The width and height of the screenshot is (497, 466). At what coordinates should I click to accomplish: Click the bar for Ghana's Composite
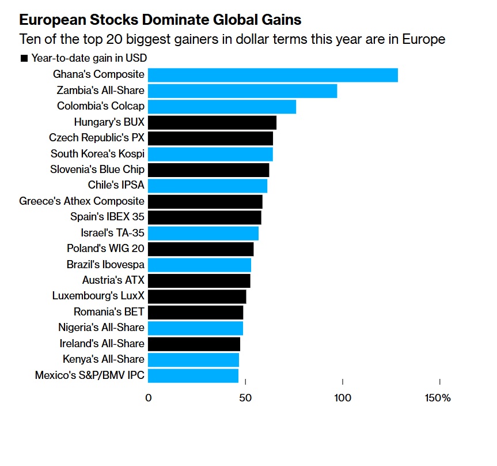pyautogui.click(x=272, y=75)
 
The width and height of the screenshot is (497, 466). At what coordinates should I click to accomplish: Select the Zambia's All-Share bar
pyautogui.click(x=242, y=91)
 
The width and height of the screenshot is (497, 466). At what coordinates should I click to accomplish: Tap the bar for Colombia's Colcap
pyautogui.click(x=222, y=107)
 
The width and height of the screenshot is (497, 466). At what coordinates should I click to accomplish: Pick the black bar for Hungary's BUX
pyautogui.click(x=212, y=122)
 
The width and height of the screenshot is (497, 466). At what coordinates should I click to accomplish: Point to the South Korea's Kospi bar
pyautogui.click(x=210, y=154)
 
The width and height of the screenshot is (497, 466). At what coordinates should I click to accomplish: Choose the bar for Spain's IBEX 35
pyautogui.click(x=204, y=217)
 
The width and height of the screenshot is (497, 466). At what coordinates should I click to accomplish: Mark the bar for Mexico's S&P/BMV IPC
pyautogui.click(x=193, y=375)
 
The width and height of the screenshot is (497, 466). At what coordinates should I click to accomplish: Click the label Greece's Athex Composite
pyautogui.click(x=82, y=201)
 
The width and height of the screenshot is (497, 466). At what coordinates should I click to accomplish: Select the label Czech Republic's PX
pyautogui.click(x=97, y=138)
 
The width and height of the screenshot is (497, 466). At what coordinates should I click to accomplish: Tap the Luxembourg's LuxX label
pyautogui.click(x=98, y=296)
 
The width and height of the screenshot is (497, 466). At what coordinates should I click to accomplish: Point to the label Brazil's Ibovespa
pyautogui.click(x=105, y=265)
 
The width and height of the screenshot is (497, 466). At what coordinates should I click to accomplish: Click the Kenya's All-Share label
pyautogui.click(x=104, y=359)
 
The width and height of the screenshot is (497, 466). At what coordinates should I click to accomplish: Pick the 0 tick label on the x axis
pyautogui.click(x=149, y=399)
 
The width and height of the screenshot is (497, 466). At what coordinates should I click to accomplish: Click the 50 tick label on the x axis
pyautogui.click(x=245, y=399)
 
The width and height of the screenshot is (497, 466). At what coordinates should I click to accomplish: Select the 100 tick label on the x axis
pyautogui.click(x=343, y=399)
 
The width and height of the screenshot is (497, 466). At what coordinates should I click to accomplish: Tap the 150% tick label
pyautogui.click(x=438, y=399)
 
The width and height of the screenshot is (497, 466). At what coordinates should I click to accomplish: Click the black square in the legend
pyautogui.click(x=24, y=58)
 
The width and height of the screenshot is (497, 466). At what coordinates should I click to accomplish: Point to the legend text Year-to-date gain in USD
pyautogui.click(x=89, y=58)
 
